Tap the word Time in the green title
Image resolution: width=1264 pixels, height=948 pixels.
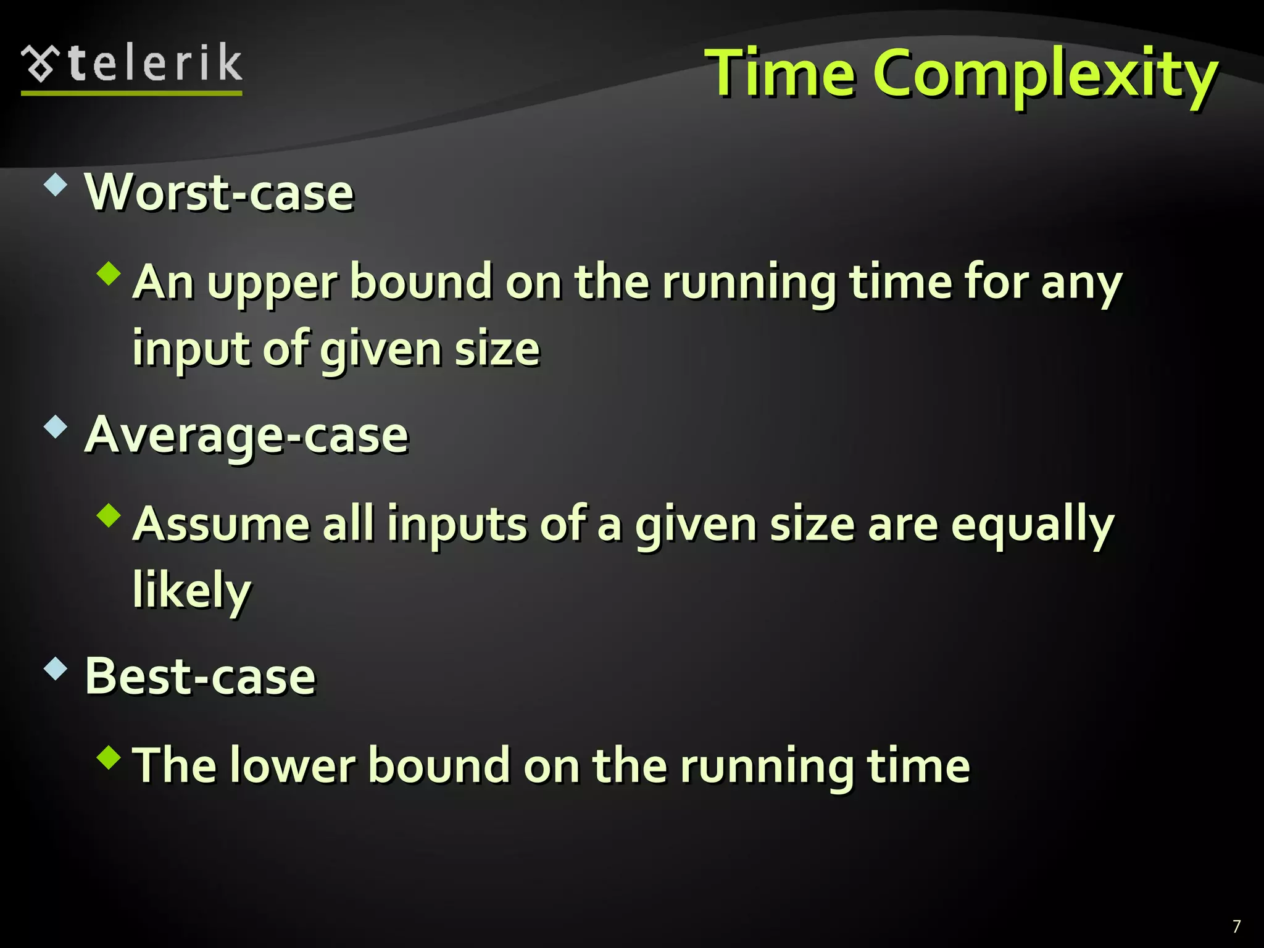point(780,74)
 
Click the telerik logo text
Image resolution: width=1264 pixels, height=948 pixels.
point(156,64)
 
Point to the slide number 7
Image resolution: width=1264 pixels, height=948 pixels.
point(1236,926)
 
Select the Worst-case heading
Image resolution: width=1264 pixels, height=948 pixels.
point(219,193)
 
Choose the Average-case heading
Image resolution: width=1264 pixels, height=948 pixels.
point(246,435)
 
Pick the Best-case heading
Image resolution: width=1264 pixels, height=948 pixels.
point(200,676)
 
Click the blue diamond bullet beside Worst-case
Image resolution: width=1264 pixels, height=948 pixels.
point(56,185)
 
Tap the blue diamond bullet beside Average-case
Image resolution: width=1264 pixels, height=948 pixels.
point(56,427)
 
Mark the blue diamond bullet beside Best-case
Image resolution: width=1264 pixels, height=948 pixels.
point(56,668)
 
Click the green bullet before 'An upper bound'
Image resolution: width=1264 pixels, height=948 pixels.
point(109,273)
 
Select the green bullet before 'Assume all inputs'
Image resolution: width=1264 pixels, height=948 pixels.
point(109,516)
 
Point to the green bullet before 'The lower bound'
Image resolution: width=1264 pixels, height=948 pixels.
point(109,757)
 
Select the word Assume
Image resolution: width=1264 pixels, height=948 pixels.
point(221,525)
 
